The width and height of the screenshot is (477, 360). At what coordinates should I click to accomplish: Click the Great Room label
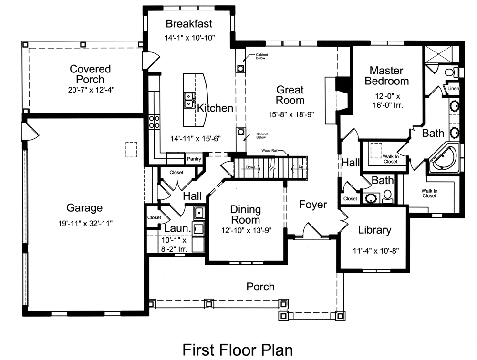point(290,95)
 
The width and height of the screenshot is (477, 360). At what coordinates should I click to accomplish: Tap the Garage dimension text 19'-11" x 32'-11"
point(84,222)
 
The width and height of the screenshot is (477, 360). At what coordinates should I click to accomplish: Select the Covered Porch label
point(90,74)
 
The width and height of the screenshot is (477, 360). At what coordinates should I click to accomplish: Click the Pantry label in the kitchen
point(194,159)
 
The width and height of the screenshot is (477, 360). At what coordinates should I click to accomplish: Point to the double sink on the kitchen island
point(189,100)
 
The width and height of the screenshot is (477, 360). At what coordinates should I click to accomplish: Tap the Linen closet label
point(453,88)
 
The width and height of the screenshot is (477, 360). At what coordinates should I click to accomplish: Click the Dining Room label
point(245,215)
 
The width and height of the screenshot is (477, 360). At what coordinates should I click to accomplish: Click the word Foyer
point(313,205)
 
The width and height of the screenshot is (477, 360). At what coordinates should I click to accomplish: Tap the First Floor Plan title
point(238,350)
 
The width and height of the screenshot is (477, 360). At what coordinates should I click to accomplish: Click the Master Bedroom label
point(386,75)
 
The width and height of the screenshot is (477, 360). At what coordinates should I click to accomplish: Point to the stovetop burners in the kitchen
point(154,122)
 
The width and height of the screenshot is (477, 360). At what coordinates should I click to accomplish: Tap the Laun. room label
point(177,229)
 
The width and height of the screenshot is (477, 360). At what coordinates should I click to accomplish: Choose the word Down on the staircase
point(250,167)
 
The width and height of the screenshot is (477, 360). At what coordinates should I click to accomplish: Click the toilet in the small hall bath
point(387,195)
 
